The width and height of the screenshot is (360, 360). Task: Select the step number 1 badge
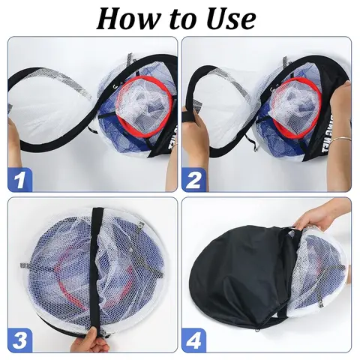[x=21, y=180]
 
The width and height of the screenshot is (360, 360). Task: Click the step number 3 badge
[x=21, y=339]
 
